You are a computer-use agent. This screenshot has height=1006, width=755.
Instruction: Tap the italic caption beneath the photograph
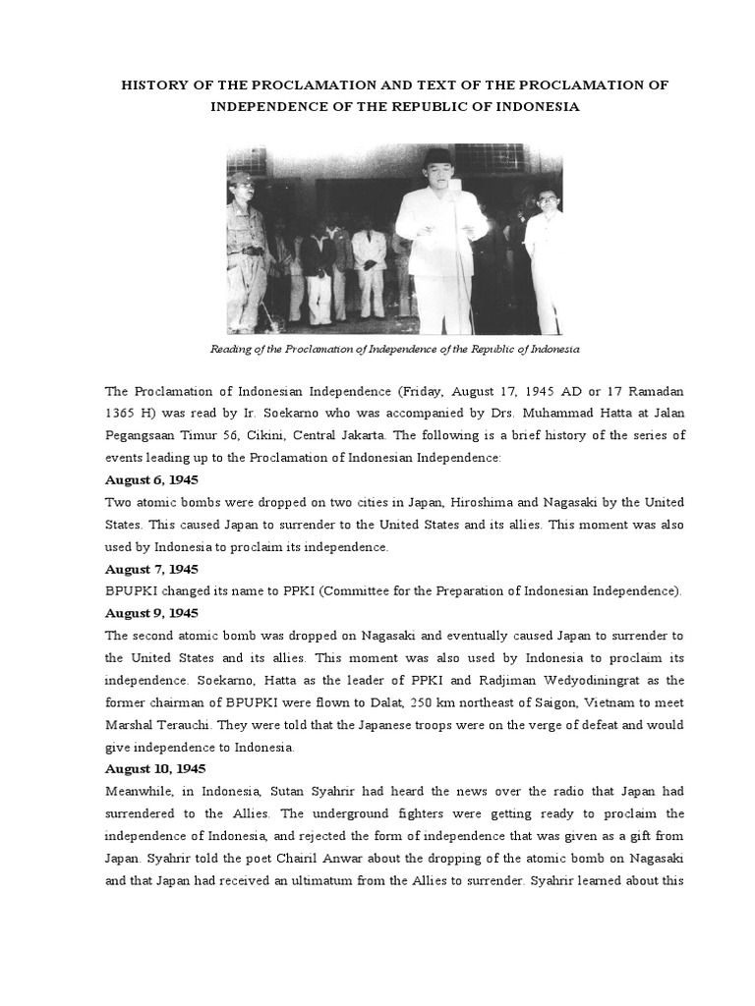point(395,349)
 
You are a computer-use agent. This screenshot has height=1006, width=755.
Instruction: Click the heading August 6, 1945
point(151,480)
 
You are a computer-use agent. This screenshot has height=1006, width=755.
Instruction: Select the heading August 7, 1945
point(151,569)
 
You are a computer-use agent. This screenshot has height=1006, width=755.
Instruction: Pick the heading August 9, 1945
point(151,613)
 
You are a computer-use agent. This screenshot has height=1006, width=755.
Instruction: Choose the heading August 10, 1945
point(154,768)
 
